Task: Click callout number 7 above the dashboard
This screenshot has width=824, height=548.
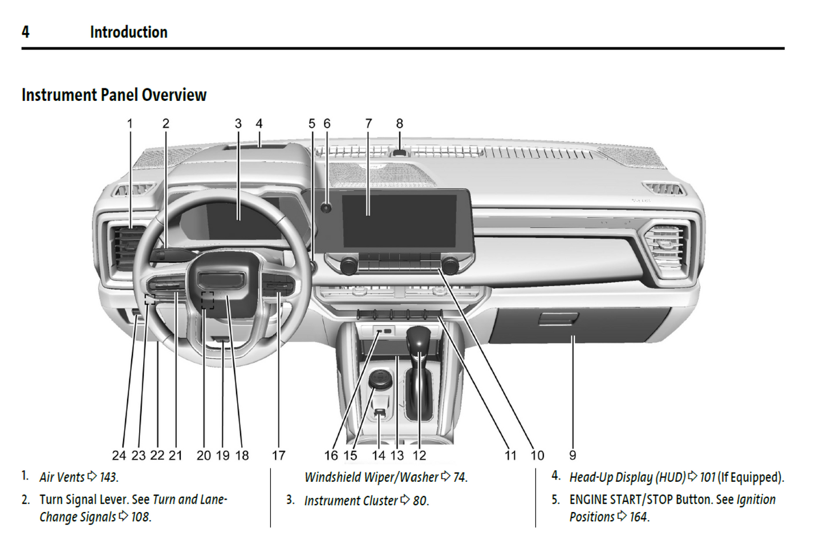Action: click(x=368, y=124)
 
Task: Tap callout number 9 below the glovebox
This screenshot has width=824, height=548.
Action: click(x=573, y=455)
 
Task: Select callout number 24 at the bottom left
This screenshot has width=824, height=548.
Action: click(x=119, y=455)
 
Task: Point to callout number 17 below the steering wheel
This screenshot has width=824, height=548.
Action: click(x=278, y=455)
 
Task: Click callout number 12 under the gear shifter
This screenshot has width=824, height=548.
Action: click(x=419, y=455)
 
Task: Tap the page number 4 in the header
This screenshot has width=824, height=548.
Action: click(x=26, y=32)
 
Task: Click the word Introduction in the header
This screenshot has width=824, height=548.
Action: click(x=129, y=32)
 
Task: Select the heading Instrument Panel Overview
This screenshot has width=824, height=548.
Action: click(x=114, y=95)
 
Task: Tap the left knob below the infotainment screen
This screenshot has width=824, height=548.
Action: click(x=348, y=266)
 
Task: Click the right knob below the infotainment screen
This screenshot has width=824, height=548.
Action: click(x=449, y=266)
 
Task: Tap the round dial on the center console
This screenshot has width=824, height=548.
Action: click(x=380, y=379)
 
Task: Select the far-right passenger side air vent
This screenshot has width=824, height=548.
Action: click(x=665, y=247)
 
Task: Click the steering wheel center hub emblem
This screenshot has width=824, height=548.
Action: click(x=221, y=280)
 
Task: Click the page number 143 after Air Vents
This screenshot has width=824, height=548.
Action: click(x=108, y=477)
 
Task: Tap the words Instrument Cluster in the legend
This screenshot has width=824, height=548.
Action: click(x=351, y=501)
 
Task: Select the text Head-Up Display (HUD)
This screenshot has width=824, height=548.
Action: click(x=627, y=477)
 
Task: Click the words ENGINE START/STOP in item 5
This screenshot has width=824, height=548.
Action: click(x=621, y=500)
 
